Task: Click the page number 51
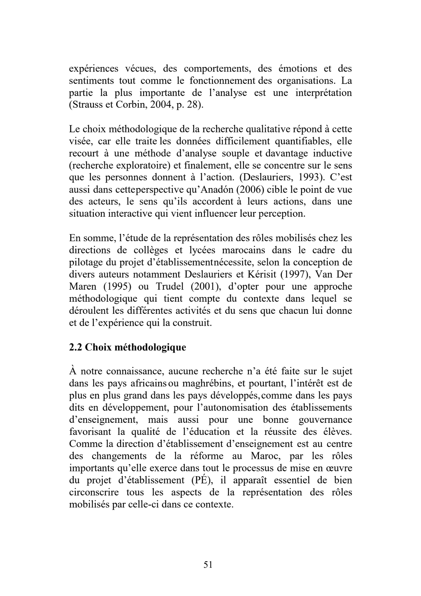pos(208,564)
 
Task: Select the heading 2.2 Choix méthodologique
pos(127,347)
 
